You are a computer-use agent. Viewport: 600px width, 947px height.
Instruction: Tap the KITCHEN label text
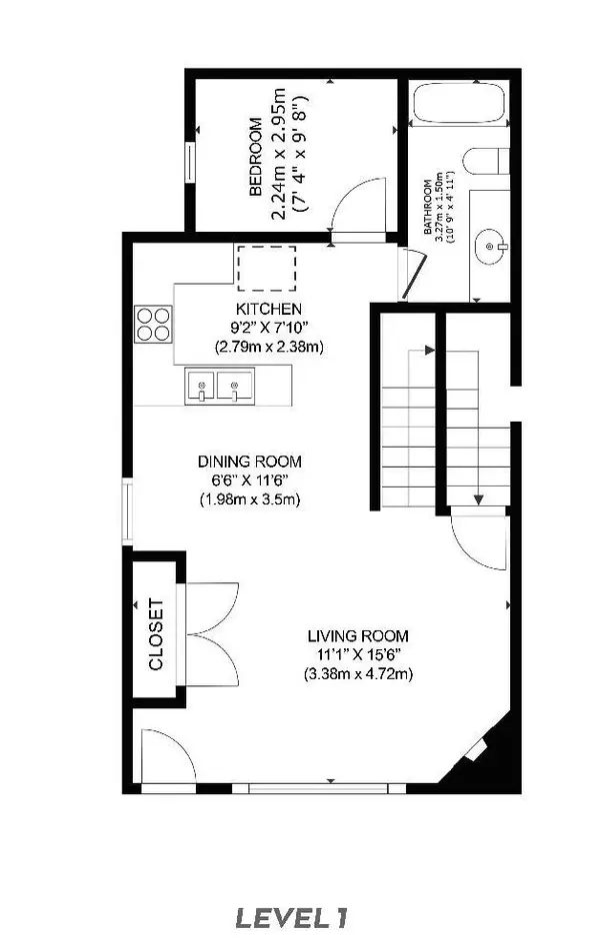click(x=268, y=310)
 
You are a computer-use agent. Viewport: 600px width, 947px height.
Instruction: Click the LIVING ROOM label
click(x=358, y=636)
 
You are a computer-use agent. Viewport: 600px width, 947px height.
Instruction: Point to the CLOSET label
click(x=155, y=634)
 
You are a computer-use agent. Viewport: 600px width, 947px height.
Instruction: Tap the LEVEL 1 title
click(x=299, y=916)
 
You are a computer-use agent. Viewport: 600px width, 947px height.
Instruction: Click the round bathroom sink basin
click(x=492, y=244)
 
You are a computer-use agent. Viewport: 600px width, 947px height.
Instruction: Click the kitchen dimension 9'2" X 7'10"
click(x=268, y=328)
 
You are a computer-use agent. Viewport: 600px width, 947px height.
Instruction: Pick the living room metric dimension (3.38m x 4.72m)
click(x=358, y=673)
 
